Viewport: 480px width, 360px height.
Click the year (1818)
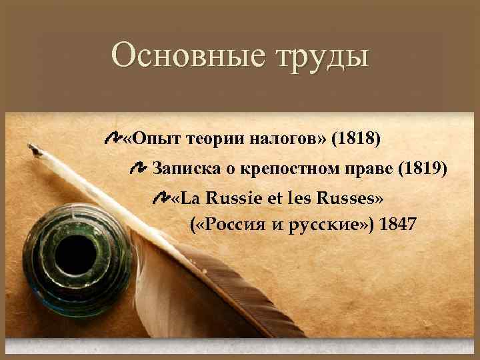pos(358,139)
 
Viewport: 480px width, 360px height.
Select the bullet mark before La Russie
pos(161,197)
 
